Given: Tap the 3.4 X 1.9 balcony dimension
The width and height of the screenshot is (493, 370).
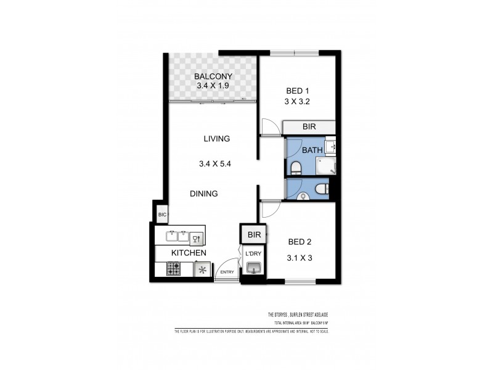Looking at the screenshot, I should click(212, 86).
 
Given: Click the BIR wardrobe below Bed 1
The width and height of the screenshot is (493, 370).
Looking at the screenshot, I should click(309, 127).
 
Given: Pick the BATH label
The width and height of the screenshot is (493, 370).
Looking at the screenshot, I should click(312, 150).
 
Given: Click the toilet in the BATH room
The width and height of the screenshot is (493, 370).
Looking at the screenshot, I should click(296, 166).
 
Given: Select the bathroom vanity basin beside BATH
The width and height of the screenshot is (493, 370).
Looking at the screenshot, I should click(330, 147).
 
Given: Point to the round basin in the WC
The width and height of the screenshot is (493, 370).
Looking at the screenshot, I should click(302, 195).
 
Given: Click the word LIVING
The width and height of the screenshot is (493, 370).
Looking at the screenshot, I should click(217, 139).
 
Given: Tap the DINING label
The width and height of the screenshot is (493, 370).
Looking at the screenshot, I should click(203, 194).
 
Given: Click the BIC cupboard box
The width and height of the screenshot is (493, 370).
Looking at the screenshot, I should click(162, 215).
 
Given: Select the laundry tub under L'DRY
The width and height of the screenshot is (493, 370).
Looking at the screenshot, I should click(253, 268).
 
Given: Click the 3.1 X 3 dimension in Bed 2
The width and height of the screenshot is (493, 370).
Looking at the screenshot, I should click(299, 258).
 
